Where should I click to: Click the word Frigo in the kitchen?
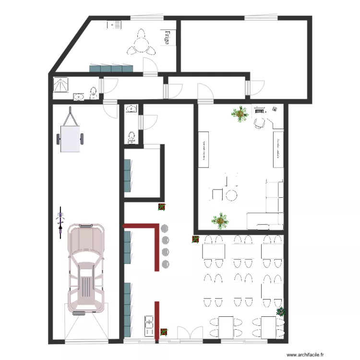point(167,37)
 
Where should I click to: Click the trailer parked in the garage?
point(71,136)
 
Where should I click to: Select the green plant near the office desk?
point(239,114)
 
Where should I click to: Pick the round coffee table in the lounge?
point(231,195)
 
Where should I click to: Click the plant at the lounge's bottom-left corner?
point(220,220)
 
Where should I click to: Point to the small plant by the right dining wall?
point(280,312)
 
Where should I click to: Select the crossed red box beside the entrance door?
point(164,332)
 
